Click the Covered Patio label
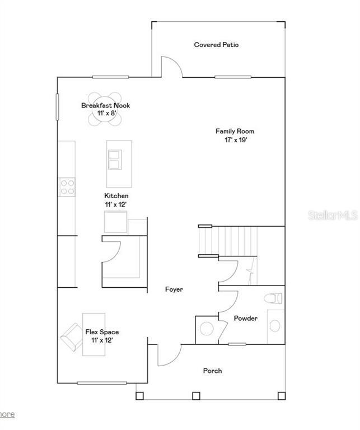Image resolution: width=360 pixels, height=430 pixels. [216, 45]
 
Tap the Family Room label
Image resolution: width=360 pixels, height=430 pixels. [231, 132]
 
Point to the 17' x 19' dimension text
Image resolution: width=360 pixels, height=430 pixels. [231, 141]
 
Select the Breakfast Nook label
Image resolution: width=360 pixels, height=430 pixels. [106, 105]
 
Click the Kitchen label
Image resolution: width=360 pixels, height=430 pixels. [116, 196]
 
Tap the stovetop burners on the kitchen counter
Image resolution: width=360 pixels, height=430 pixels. [68, 186]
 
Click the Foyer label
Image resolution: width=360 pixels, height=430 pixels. [174, 289]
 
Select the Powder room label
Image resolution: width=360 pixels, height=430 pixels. [246, 319]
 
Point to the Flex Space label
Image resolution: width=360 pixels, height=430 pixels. [102, 332]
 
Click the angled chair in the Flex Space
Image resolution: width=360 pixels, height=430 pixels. [72, 336]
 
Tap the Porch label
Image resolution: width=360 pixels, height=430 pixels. [212, 371]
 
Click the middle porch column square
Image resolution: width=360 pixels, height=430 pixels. [196, 396]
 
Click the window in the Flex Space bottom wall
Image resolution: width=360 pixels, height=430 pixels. [93, 383]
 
